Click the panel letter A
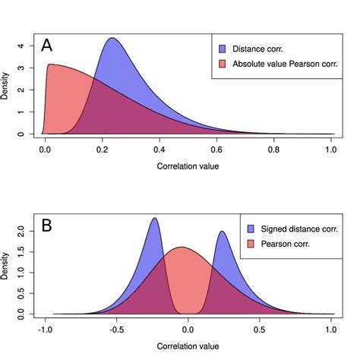tap(47, 46)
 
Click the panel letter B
tap(47, 226)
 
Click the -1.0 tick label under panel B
tap(45, 330)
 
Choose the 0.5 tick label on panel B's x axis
tap(261, 330)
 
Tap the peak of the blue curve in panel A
tap(112, 38)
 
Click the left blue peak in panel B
tap(155, 218)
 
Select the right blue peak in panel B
tap(222, 232)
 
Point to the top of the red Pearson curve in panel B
tap(181, 247)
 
